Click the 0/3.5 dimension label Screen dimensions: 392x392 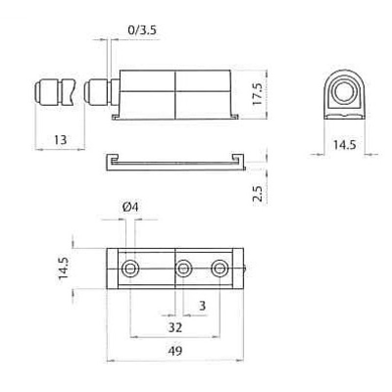pyautogui.click(x=142, y=30)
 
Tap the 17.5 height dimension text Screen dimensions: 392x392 pyautogui.click(x=257, y=94)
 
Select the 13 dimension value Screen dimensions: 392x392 pyautogui.click(x=60, y=140)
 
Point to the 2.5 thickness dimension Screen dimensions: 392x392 pyautogui.click(x=257, y=194)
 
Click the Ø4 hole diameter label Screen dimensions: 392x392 pyautogui.click(x=130, y=207)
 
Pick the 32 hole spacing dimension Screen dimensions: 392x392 pyautogui.click(x=175, y=327)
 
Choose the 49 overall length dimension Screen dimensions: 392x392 pyautogui.click(x=175, y=351)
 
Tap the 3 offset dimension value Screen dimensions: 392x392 pyautogui.click(x=202, y=305)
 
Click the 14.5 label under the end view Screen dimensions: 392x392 pyautogui.click(x=344, y=145)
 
